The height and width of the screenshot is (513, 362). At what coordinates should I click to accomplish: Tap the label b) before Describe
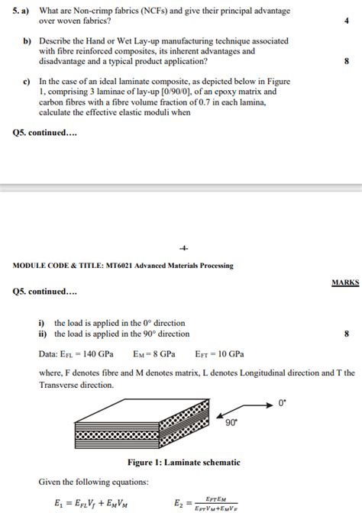click(25, 40)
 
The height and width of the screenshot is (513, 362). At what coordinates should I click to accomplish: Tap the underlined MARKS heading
click(345, 282)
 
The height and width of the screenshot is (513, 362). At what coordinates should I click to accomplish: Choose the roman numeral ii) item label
click(44, 334)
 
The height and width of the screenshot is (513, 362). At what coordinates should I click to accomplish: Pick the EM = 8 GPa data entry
click(154, 354)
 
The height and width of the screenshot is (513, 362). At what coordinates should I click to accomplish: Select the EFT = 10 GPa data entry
click(219, 354)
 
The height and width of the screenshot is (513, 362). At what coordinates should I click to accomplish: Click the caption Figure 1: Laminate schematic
click(183, 463)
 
